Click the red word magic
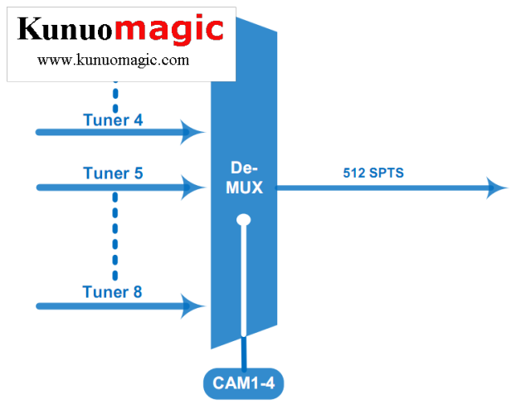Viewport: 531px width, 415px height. coord(169,29)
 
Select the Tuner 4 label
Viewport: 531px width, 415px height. coord(113,120)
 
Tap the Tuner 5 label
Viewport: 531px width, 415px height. coord(113,173)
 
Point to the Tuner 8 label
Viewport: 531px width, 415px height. coord(112,292)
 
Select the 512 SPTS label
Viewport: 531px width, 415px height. coord(373,173)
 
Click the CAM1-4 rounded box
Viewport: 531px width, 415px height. coord(244,383)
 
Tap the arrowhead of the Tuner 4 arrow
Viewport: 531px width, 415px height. coord(196,131)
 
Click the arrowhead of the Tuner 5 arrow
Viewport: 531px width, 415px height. coord(196,186)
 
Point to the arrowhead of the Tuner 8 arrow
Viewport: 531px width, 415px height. coord(196,306)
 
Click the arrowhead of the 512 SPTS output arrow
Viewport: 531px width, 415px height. coord(497,188)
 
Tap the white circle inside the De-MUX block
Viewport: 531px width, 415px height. coord(243,221)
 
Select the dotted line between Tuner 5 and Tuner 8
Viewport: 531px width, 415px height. coord(115,237)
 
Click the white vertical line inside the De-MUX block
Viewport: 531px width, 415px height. coord(244,282)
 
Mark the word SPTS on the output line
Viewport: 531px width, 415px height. coord(387,173)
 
